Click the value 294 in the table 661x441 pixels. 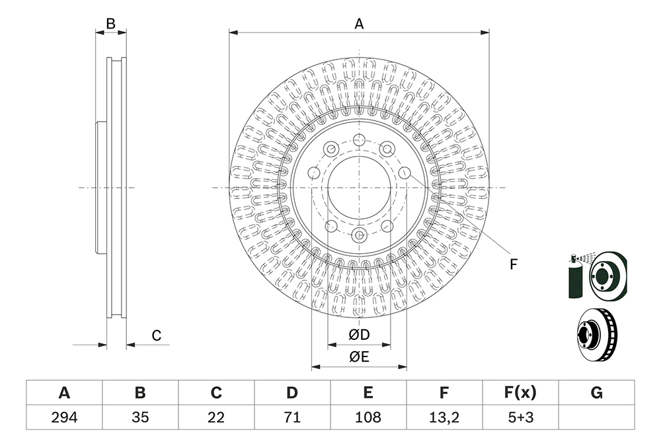pyautogui.click(x=64, y=417)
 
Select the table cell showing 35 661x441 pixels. pyautogui.click(x=140, y=417)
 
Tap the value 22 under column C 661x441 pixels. pyautogui.click(x=216, y=417)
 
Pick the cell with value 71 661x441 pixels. pyautogui.click(x=292, y=417)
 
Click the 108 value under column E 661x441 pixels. pyautogui.click(x=368, y=417)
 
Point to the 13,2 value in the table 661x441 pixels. pyautogui.click(x=444, y=417)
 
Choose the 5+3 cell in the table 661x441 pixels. pyautogui.click(x=521, y=417)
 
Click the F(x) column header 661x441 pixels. pyautogui.click(x=521, y=393)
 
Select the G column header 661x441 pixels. pyautogui.click(x=596, y=393)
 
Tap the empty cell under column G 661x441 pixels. pyautogui.click(x=596, y=417)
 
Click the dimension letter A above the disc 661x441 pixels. pyautogui.click(x=359, y=24)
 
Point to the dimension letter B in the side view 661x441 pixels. pyautogui.click(x=110, y=24)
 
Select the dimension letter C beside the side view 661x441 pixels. pyautogui.click(x=157, y=336)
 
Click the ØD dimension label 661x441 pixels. pyautogui.click(x=359, y=335)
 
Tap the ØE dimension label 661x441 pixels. pyautogui.click(x=359, y=357)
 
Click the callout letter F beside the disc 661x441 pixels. pyautogui.click(x=513, y=264)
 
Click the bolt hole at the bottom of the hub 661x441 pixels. pyautogui.click(x=359, y=235)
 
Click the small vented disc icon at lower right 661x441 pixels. pyautogui.click(x=596, y=335)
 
